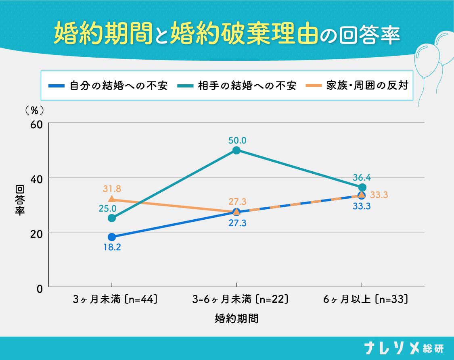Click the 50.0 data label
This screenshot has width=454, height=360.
(x=237, y=141)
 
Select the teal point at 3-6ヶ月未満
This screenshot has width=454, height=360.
(x=236, y=150)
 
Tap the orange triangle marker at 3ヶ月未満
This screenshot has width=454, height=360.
(x=112, y=199)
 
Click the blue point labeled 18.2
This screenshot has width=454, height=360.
(x=112, y=237)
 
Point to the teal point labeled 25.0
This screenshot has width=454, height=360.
(x=112, y=218)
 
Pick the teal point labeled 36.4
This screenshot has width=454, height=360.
(x=362, y=187)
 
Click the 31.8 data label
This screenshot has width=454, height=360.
(x=112, y=189)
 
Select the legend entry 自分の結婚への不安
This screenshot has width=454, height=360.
(x=108, y=86)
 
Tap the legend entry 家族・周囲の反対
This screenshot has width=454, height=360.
(x=359, y=86)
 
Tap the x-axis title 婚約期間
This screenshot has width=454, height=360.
(x=236, y=318)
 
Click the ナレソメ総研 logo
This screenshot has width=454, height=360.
(x=403, y=348)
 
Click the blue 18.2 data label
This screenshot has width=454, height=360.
(x=112, y=247)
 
